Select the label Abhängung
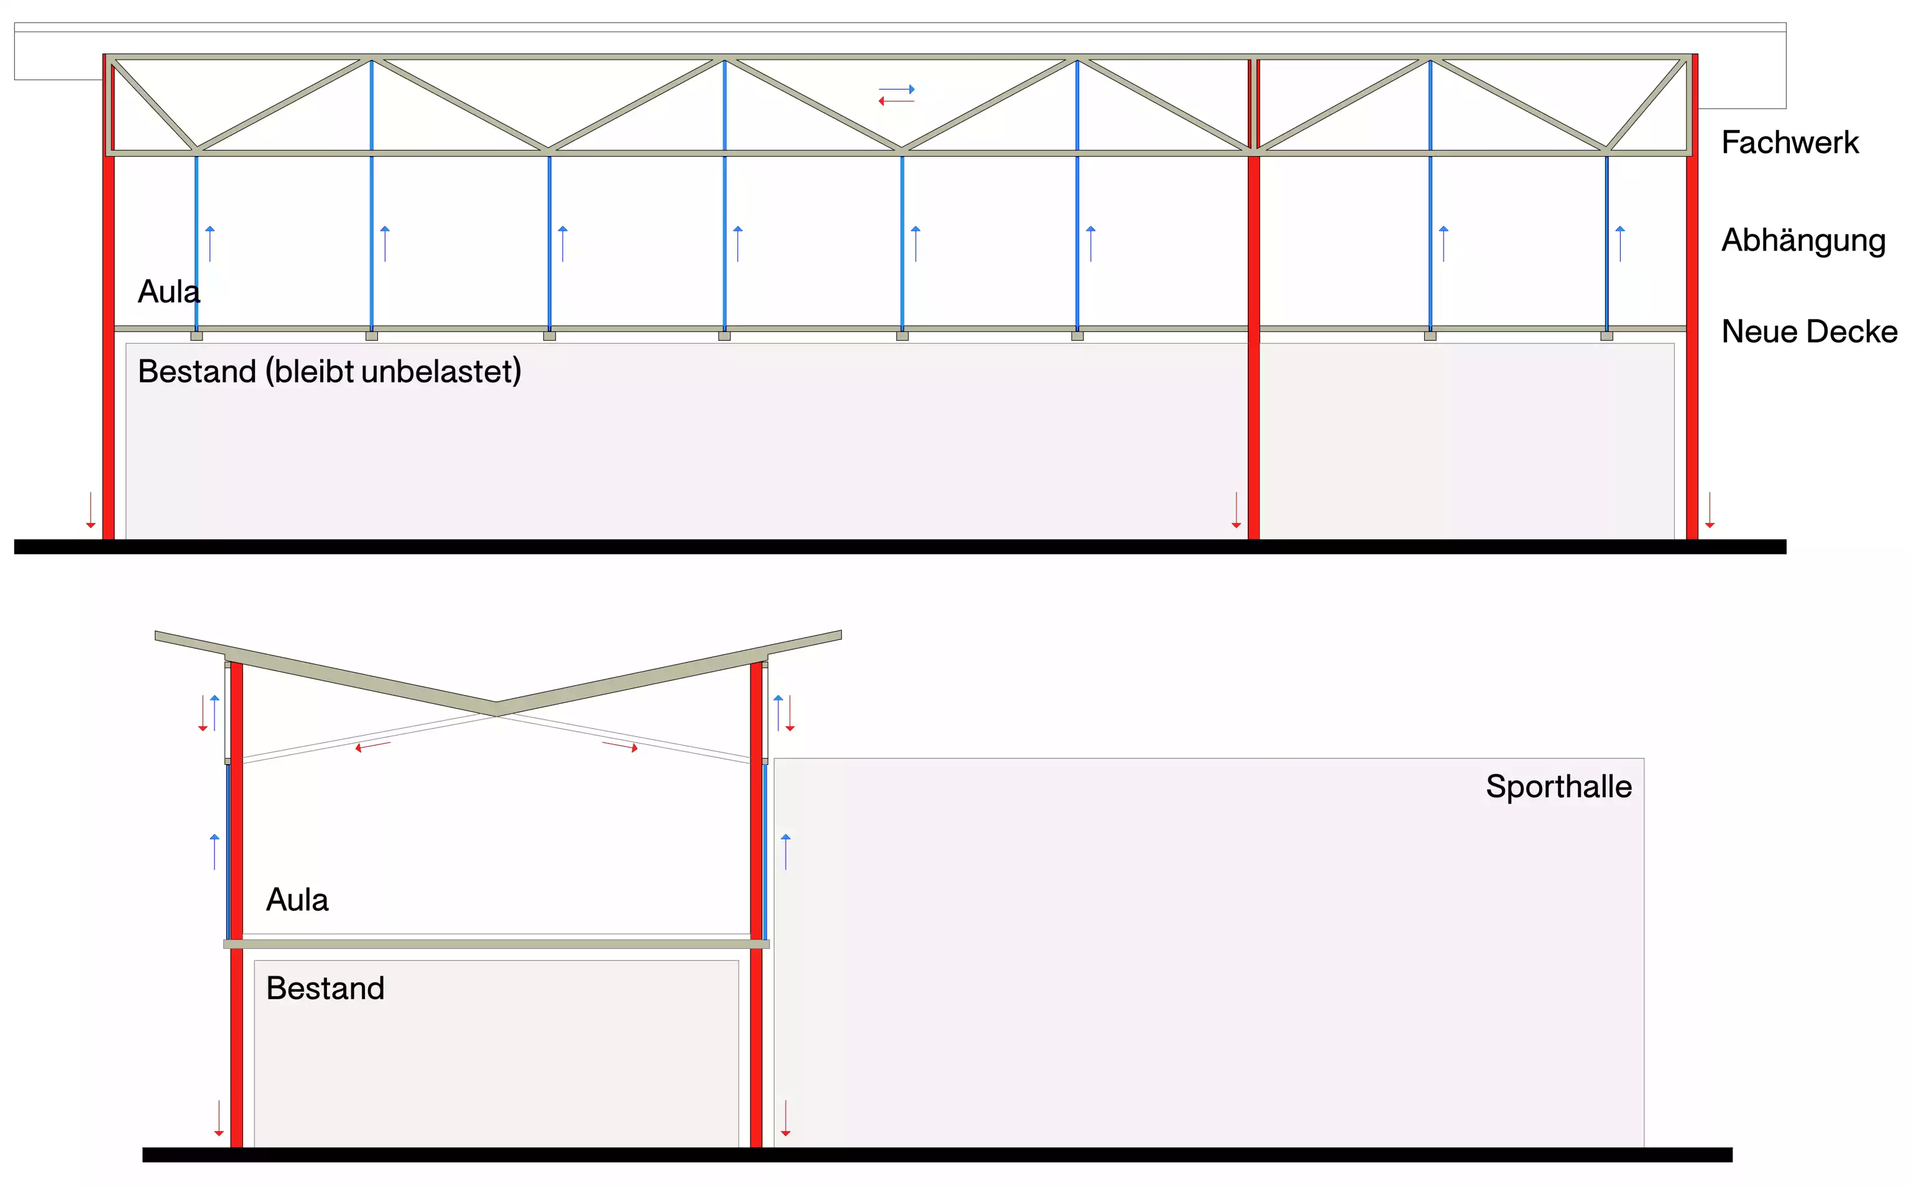pyautogui.click(x=1803, y=240)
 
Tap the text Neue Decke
pyautogui.click(x=1808, y=331)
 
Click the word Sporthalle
pyautogui.click(x=1558, y=787)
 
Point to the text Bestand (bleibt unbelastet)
pyautogui.click(x=329, y=371)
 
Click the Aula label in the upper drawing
pyautogui.click(x=168, y=292)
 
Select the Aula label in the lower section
pyautogui.click(x=297, y=900)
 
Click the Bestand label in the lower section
pyautogui.click(x=325, y=989)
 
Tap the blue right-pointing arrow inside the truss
pyautogui.click(x=896, y=90)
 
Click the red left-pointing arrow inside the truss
pyautogui.click(x=896, y=101)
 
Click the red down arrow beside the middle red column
pyautogui.click(x=1235, y=510)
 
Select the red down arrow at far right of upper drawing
pyautogui.click(x=1710, y=510)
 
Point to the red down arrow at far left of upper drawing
pyautogui.click(x=90, y=510)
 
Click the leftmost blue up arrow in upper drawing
pyautogui.click(x=210, y=243)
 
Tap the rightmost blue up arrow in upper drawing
pyautogui.click(x=1620, y=243)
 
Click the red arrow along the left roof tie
pyautogui.click(x=373, y=746)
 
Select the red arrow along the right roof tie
pyautogui.click(x=620, y=746)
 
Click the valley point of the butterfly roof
pyautogui.click(x=496, y=708)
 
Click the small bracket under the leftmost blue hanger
pyautogui.click(x=196, y=336)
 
